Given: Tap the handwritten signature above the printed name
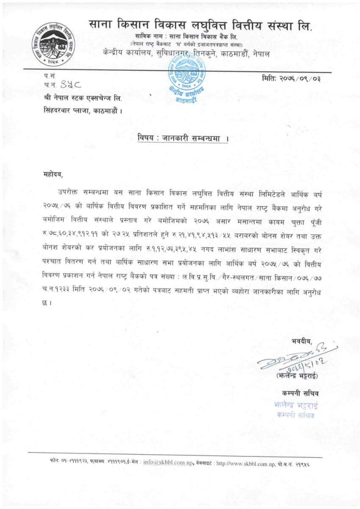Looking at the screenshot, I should pyautogui.click(x=299, y=358).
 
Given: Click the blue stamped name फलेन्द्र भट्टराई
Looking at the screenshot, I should pyautogui.click(x=296, y=406).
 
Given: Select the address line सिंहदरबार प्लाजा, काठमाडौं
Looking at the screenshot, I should pyautogui.click(x=83, y=111).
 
